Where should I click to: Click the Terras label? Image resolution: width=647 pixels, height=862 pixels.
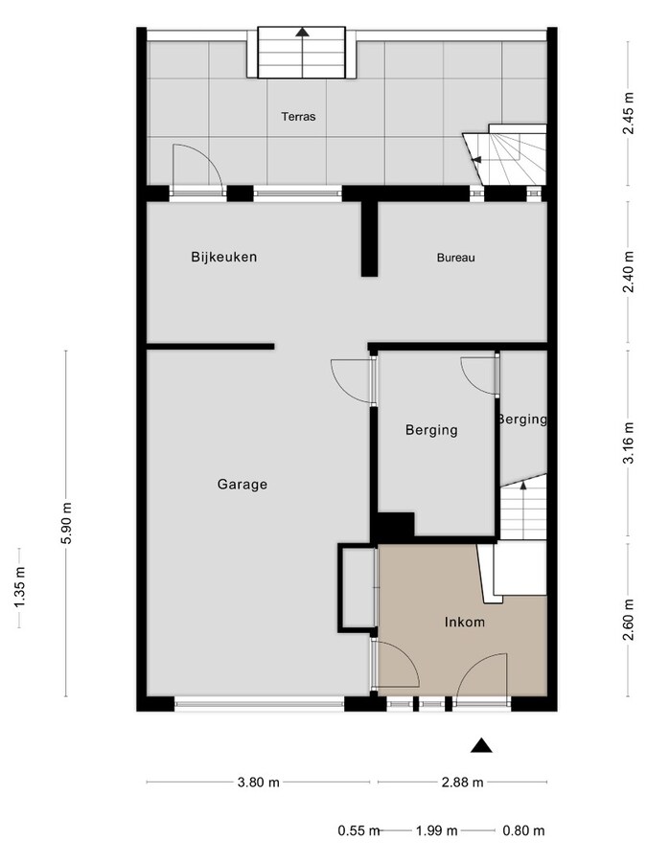pos(298,117)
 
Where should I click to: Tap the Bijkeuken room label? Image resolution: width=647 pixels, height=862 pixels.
pos(223,257)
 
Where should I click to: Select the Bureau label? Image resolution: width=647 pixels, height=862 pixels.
pos(456,258)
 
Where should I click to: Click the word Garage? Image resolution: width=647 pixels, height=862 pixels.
pos(242,485)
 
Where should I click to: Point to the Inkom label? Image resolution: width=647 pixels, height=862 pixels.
pos(464,623)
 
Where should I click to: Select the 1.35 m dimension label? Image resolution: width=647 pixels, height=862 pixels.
pos(20,588)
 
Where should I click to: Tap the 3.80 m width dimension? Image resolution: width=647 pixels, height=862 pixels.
pos(258,782)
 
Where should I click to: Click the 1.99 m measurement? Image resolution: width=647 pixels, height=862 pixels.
pos(437,830)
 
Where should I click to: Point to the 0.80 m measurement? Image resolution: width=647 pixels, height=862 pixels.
pos(523,830)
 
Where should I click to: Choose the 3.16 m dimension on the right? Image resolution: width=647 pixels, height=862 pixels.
pos(629,442)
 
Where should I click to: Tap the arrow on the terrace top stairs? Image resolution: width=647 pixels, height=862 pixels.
pos(303,32)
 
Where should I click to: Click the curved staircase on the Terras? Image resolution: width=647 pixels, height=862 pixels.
pos(508,155)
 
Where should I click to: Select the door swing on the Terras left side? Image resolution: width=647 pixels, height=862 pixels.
pos(196,168)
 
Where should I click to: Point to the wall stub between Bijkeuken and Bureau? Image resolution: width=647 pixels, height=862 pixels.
pos(369,239)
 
